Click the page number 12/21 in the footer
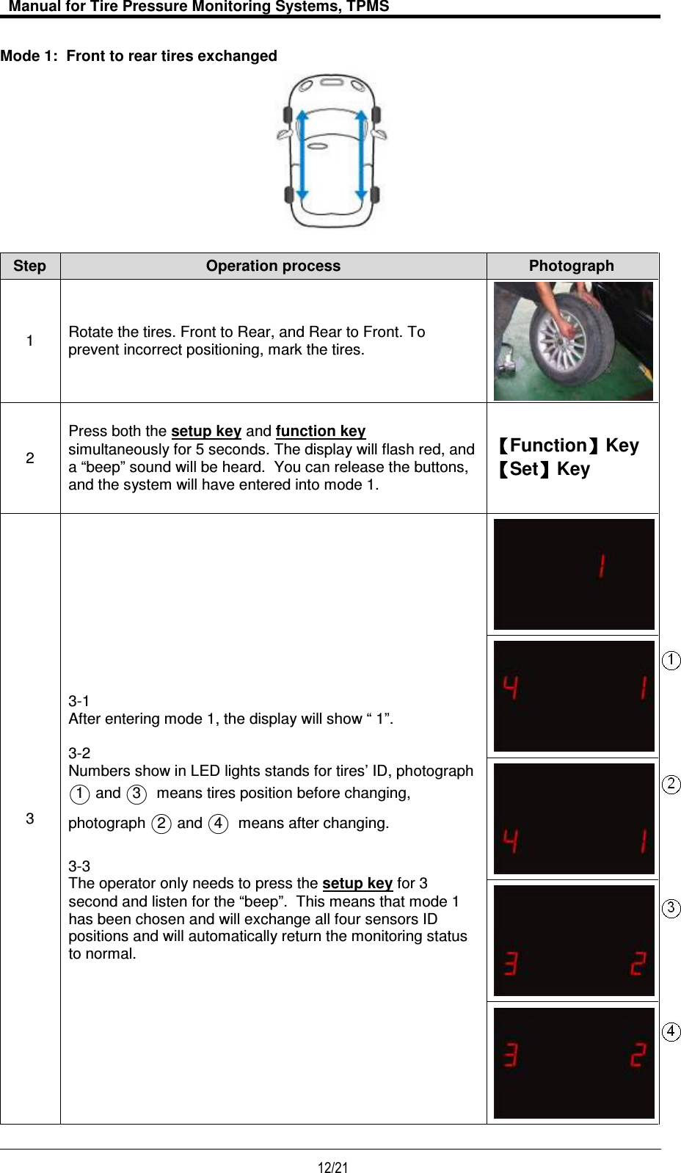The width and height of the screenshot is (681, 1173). point(332,1167)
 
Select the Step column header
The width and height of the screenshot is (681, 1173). point(29,266)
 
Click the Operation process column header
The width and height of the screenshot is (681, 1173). point(273,266)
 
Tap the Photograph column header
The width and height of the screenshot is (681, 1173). point(571,266)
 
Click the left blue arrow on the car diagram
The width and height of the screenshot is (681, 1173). point(302,154)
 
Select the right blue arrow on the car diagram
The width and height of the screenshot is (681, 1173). point(361,154)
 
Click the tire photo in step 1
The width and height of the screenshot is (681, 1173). point(573,341)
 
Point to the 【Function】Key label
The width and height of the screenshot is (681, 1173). point(567,446)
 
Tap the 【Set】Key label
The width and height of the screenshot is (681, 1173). point(542,469)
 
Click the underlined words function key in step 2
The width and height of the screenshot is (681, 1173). point(321,431)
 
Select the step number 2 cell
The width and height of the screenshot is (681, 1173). point(30,458)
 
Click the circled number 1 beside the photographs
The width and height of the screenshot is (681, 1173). point(671,660)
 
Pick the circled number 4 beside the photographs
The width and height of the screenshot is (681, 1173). point(671,1031)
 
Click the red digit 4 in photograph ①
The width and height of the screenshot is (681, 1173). point(511,688)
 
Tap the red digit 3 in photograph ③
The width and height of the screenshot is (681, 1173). point(511,962)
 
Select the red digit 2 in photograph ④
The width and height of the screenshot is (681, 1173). point(638,1055)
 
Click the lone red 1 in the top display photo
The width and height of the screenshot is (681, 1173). point(601,566)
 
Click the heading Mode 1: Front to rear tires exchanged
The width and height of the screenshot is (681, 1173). point(139,57)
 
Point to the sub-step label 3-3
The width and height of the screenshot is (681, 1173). point(79,865)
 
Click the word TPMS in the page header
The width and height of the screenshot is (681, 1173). point(368,7)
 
